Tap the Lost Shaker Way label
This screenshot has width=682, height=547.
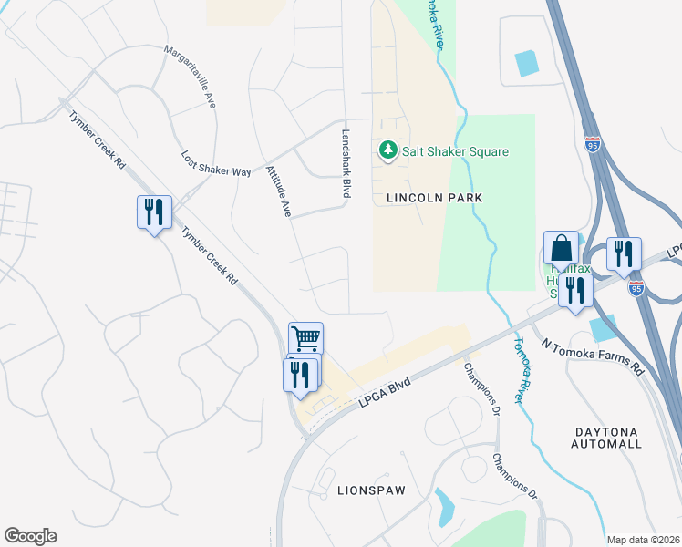[215, 164]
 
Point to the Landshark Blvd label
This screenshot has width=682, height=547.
[346, 163]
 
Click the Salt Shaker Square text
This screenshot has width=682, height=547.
[456, 151]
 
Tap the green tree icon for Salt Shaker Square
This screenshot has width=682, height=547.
[387, 150]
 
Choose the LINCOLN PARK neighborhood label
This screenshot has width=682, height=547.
[433, 197]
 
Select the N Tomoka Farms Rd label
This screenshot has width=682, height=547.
[592, 356]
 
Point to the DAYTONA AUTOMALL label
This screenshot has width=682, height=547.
[607, 437]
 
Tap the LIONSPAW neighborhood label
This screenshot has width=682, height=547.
[370, 490]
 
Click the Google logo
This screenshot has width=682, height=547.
[30, 536]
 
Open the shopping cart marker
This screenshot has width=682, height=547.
[305, 338]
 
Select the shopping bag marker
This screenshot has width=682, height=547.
[561, 246]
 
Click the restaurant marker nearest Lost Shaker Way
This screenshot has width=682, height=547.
[152, 212]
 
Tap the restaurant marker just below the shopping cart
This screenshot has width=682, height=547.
[299, 374]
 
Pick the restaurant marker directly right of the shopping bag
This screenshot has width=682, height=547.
[623, 253]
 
